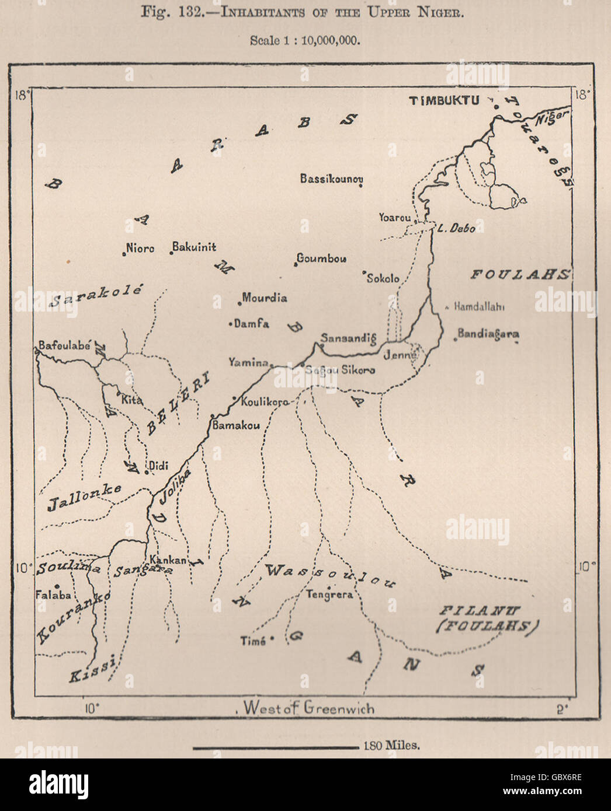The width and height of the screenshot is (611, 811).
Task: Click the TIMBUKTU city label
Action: coord(444,100)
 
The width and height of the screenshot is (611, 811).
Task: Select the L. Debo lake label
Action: coord(456,228)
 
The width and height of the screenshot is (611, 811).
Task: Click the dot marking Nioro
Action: coord(124,253)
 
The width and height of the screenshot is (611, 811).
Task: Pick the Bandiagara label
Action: coord(488,334)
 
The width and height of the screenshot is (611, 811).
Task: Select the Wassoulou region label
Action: coord(330,575)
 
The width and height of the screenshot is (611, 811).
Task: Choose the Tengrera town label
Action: coord(330,595)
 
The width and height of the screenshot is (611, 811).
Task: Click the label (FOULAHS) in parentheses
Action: coord(487,627)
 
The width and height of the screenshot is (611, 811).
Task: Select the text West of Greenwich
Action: coord(309,708)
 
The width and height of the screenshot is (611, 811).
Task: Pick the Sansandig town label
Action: coord(348,338)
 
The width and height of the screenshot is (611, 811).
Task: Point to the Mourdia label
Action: coord(265,298)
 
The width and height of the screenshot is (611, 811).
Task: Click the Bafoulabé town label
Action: coord(64,345)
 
